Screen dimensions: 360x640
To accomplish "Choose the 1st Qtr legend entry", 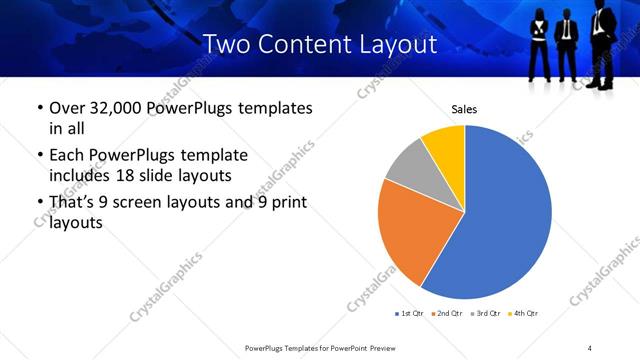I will [x=411, y=314].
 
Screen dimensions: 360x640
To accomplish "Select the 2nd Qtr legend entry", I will [x=447, y=314].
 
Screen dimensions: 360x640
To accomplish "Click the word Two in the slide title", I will [x=225, y=45].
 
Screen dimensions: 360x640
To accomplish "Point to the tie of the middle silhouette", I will [x=567, y=30].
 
